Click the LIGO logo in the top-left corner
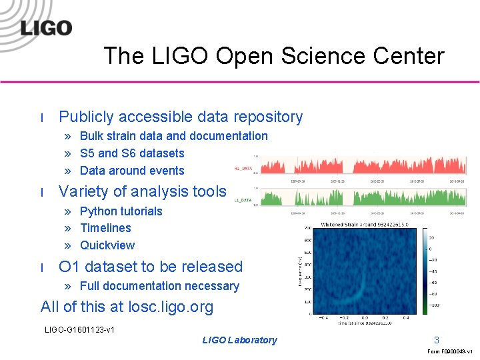[x=45, y=28]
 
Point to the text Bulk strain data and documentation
[x=173, y=136]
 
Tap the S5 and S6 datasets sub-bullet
[x=131, y=153]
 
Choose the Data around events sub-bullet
[x=131, y=171]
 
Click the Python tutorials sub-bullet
[x=121, y=211]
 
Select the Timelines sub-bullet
[x=105, y=228]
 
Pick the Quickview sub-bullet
[x=107, y=245]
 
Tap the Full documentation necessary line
[x=159, y=286]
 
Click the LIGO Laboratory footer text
[x=239, y=340]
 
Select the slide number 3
[x=437, y=339]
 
